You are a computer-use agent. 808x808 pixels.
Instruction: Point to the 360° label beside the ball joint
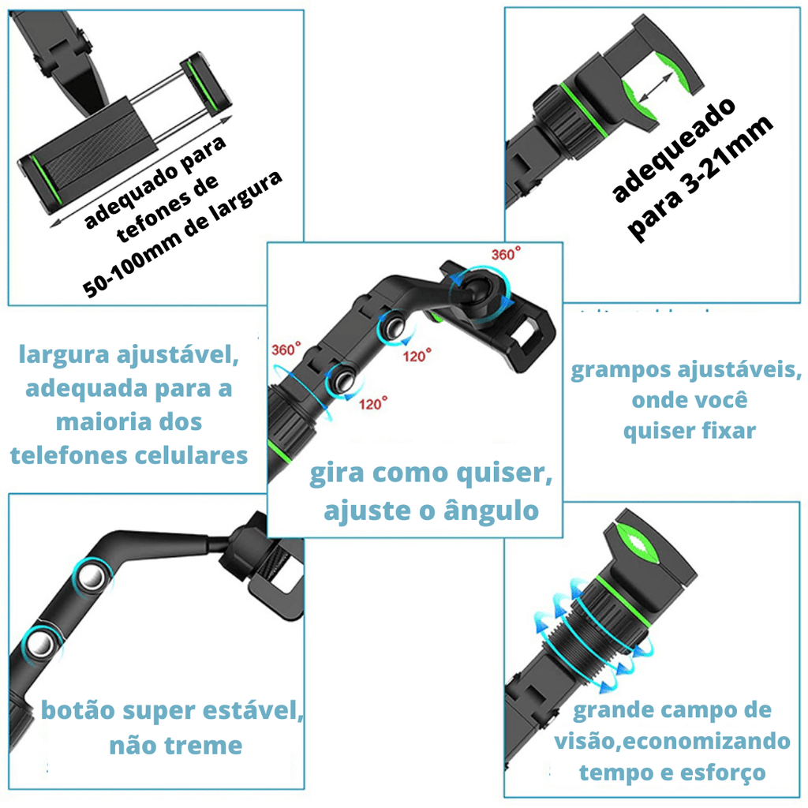pos(506,253)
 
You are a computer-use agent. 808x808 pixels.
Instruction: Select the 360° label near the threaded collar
pos(286,349)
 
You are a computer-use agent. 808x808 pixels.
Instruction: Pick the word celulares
pos(191,455)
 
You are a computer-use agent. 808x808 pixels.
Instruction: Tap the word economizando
pos(706,742)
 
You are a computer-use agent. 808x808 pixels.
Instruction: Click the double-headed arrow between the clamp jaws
pos(654,87)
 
